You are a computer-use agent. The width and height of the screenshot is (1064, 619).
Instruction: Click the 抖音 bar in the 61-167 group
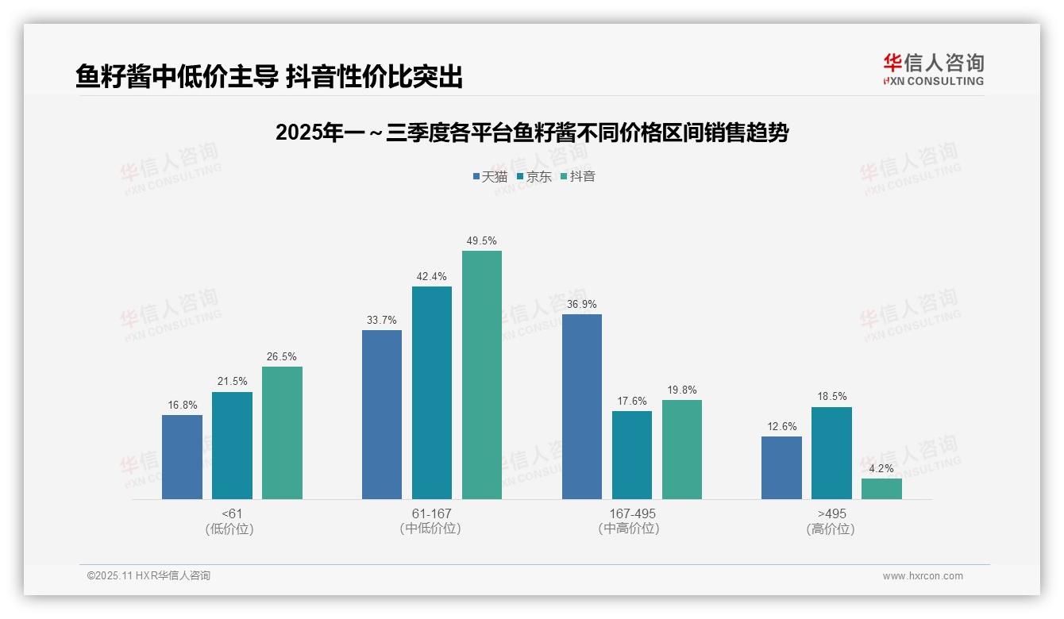click(482, 375)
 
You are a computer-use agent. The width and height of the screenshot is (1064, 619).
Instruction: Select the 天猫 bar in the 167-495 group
click(582, 406)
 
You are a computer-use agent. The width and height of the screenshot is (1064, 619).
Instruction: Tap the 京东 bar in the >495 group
click(831, 453)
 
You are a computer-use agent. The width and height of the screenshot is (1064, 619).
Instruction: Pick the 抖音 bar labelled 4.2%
click(881, 489)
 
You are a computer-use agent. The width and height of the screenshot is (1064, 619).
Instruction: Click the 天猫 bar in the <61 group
click(182, 457)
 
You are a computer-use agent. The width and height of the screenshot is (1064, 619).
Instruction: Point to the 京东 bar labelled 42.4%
click(432, 393)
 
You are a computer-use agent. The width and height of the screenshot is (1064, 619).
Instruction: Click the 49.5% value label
click(482, 241)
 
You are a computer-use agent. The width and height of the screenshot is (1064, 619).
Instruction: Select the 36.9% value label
click(582, 305)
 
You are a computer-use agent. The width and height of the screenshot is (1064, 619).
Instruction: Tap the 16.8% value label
click(182, 406)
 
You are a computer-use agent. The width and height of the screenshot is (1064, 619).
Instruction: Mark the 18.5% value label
click(831, 397)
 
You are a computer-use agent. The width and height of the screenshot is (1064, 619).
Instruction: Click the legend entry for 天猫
click(490, 177)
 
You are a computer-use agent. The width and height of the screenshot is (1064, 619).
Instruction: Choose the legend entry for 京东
click(534, 177)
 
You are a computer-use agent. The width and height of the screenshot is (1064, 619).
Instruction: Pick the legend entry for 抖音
click(578, 177)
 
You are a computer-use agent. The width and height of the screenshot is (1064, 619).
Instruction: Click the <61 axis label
click(232, 513)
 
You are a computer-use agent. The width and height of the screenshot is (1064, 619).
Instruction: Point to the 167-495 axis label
click(632, 513)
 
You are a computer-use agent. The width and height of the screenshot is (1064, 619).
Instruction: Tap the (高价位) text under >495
click(831, 529)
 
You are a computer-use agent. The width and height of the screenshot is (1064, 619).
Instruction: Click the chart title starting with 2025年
click(532, 133)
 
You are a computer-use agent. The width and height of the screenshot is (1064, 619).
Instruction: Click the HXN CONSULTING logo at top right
click(933, 70)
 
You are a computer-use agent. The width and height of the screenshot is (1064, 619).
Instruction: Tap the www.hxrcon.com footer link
click(923, 576)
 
